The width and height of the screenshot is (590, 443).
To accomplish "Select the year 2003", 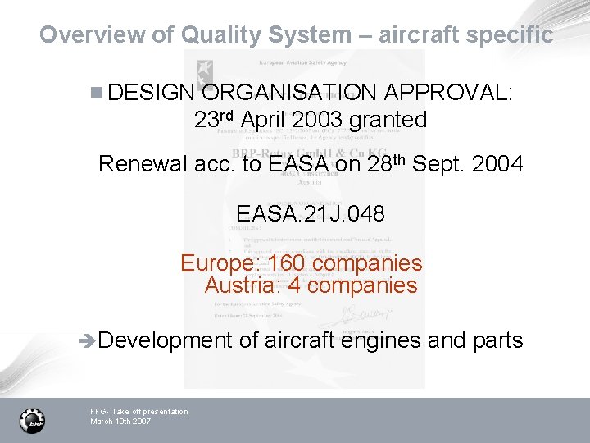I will pyautogui.click(x=312, y=120).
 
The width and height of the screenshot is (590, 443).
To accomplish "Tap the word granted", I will pyautogui.click(x=388, y=120).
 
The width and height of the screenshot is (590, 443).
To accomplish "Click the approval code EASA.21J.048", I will pyautogui.click(x=311, y=214).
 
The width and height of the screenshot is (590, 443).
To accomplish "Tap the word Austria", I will pyautogui.click(x=241, y=285).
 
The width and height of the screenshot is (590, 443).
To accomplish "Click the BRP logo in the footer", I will pyautogui.click(x=32, y=420).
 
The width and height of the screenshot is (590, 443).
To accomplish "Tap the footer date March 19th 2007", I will pyautogui.click(x=120, y=421).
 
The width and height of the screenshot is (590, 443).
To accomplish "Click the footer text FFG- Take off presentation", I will pyautogui.click(x=138, y=411).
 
